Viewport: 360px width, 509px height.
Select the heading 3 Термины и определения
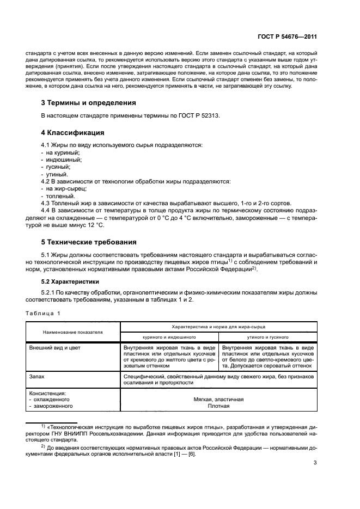(x=89, y=102)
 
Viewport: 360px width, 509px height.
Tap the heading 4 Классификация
(x=73, y=132)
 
